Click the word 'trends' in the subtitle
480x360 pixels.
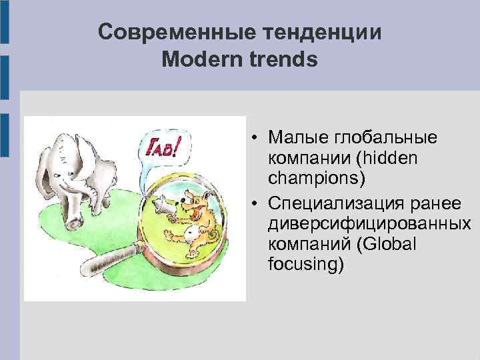(x=285, y=60)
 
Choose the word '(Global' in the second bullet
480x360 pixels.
(x=387, y=244)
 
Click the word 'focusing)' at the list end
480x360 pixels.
(x=306, y=265)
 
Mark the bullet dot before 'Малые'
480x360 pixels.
(x=255, y=139)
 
